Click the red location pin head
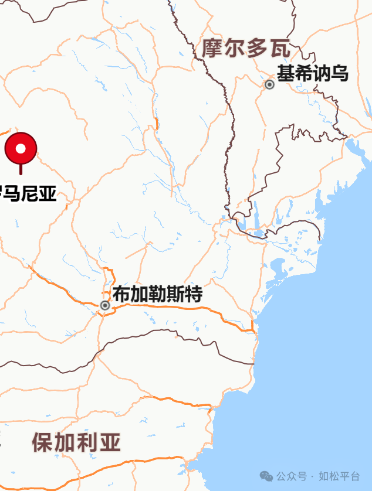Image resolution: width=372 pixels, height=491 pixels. point(21,148)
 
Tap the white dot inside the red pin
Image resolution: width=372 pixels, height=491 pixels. point(21,148)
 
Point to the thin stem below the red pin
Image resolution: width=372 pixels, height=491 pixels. point(21,169)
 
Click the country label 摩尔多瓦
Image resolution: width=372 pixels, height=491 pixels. point(246,49)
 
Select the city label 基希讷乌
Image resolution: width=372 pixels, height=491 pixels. point(313,74)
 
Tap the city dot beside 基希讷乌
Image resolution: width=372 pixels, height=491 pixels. point(270,84)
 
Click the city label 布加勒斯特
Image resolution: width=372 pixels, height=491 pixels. point(157,294)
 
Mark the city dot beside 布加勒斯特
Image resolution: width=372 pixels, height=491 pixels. point(105,305)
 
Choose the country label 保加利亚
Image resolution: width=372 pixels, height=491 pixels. point(76,442)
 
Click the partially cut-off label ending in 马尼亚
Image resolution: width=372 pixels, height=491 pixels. point(29,193)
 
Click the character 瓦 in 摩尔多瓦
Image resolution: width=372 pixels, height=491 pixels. point(280,49)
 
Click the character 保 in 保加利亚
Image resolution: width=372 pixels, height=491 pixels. point(43,442)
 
